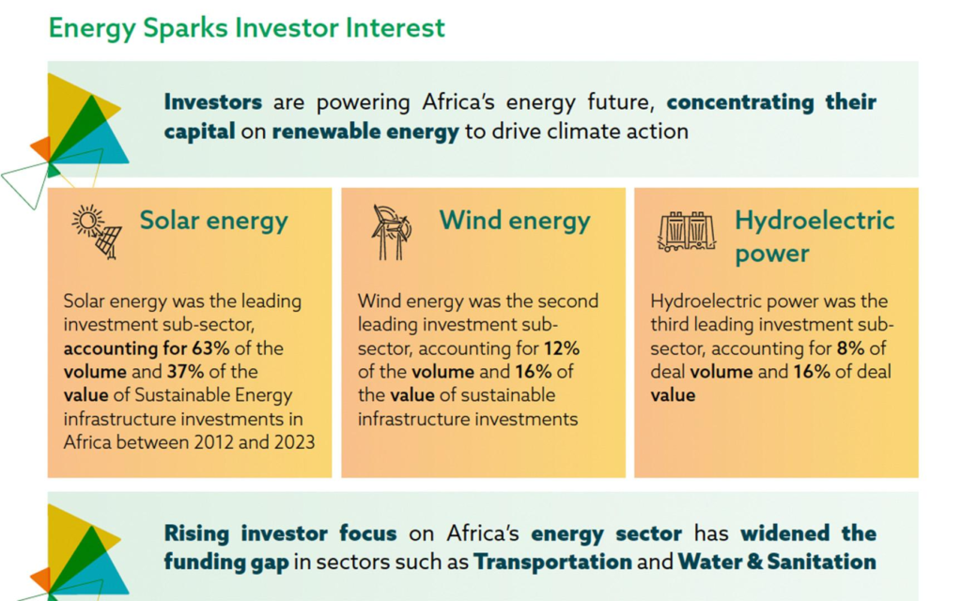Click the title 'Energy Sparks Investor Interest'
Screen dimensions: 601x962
coord(246,27)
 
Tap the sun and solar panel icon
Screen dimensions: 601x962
coord(96,230)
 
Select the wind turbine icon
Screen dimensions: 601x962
coord(389,231)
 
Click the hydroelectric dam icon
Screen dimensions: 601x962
coord(686,232)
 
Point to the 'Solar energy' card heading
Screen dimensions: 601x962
coord(213,221)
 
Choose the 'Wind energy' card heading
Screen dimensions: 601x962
coord(515,221)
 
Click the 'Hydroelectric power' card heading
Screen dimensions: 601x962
coord(814,237)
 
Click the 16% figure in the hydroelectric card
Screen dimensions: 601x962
coord(814,372)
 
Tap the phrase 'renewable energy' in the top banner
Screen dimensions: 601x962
coord(365,131)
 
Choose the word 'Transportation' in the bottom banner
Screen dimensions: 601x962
coord(552,562)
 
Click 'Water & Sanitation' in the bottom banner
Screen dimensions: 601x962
coord(777,562)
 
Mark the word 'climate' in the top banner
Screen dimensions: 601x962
coord(590,131)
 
